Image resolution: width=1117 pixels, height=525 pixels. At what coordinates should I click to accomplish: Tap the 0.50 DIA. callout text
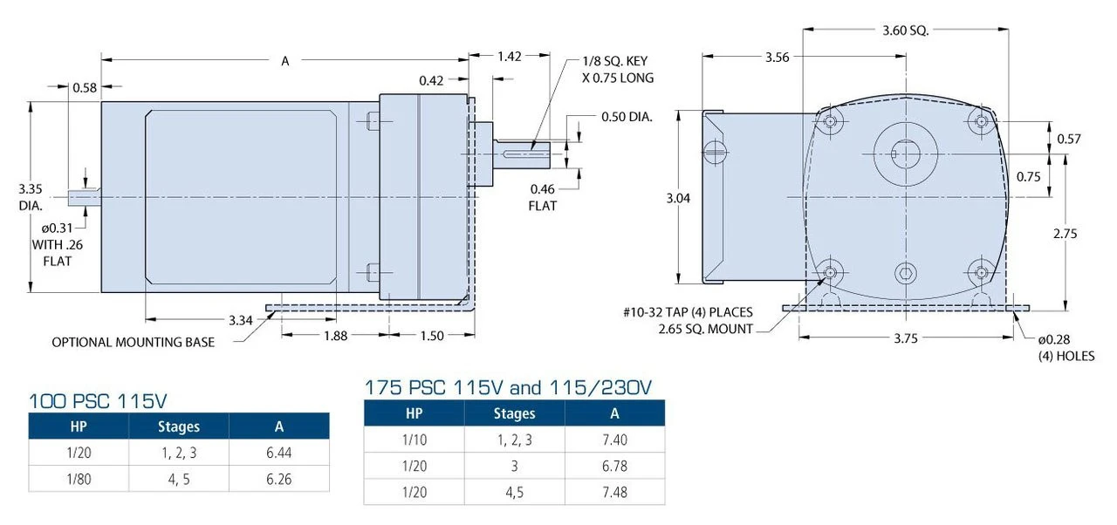click(x=627, y=116)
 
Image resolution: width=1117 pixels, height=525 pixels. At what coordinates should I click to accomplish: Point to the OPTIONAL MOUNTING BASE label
click(x=133, y=342)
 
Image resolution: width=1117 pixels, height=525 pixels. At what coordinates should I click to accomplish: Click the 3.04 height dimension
click(x=677, y=198)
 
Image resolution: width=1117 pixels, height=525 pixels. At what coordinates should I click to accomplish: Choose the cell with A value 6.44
click(x=278, y=453)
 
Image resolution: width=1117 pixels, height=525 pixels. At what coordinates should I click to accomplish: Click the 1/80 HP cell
click(x=79, y=479)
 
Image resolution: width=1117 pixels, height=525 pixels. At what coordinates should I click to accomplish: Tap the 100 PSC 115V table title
click(x=98, y=402)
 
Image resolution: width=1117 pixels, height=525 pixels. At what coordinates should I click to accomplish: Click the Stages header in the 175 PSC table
click(x=514, y=413)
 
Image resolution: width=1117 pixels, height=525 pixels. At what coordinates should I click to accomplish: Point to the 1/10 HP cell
click(x=414, y=440)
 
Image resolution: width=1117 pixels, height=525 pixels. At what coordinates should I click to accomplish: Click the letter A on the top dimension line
click(x=284, y=61)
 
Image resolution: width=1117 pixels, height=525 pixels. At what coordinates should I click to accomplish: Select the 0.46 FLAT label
click(x=542, y=197)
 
